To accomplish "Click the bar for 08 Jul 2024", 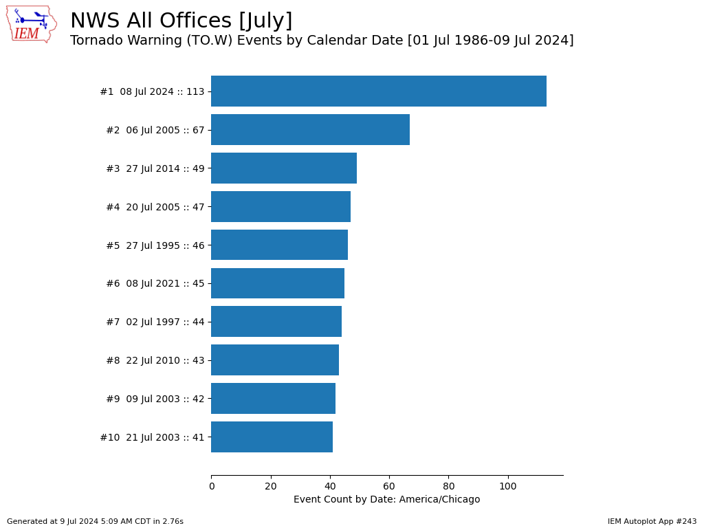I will pos(378,91).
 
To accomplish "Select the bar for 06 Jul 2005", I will pos(310,130).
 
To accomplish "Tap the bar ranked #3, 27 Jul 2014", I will pos(284,168).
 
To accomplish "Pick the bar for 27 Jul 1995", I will pos(279,245).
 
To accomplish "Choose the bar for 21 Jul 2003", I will pos(272,437).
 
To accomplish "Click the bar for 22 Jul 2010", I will pos(275,360).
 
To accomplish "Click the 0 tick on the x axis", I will pos(211,487).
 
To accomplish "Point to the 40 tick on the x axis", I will pos(330,487).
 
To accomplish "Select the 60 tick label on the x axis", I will pos(389,487).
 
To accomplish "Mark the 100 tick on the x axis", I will pos(508,487).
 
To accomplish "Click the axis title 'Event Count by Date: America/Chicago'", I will pos(386,500).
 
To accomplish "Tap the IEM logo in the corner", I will pos(31,24).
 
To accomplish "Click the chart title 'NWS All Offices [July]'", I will pos(181,21).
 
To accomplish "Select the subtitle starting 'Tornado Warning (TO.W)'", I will pos(322,41).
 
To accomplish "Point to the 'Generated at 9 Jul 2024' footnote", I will pos(95,522).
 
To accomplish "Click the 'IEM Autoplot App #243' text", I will pos(652,522).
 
